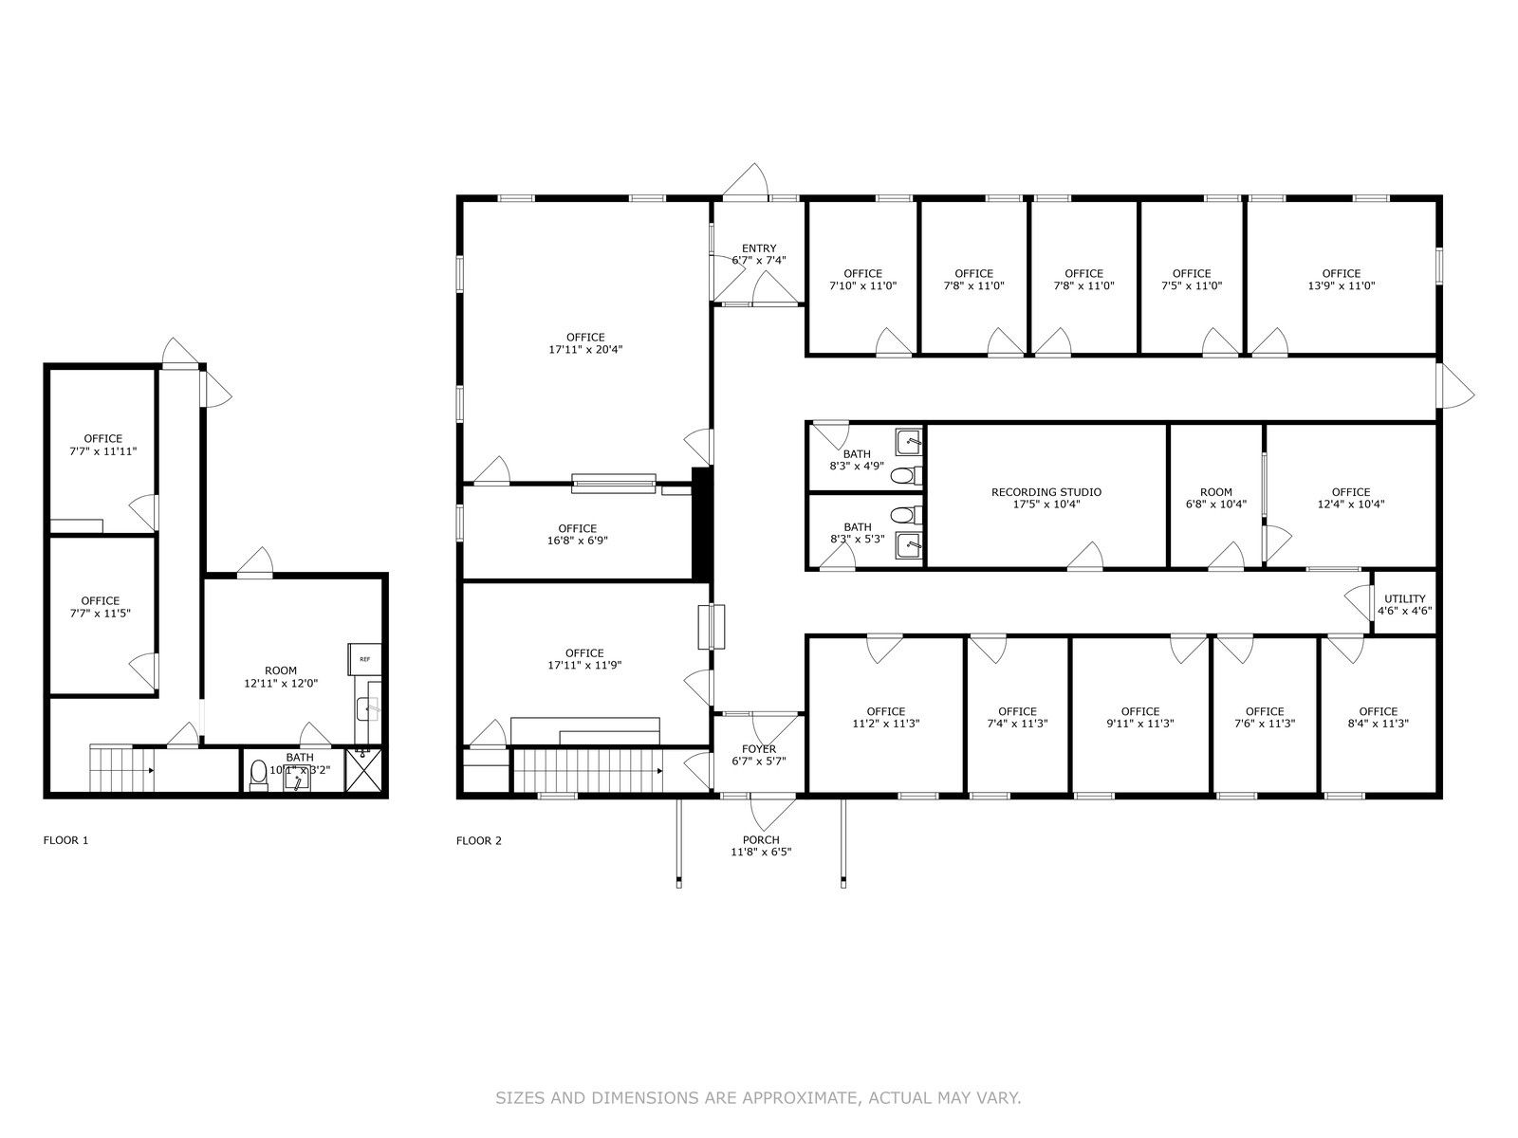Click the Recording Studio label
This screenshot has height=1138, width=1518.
1046,498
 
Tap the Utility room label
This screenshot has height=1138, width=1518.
1404,605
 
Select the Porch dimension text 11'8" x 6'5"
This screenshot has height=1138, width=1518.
761,852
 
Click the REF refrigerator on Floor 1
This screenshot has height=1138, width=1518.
364,659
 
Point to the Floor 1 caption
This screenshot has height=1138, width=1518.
65,840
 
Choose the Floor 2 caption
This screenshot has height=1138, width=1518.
478,841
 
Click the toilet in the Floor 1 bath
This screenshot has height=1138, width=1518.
259,774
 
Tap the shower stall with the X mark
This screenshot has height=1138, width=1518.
363,770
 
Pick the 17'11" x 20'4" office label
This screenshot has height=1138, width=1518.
585,343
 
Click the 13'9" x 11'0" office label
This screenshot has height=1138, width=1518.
1341,279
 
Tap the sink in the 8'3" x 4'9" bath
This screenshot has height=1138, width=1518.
908,441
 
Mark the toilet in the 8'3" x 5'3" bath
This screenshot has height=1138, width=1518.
905,515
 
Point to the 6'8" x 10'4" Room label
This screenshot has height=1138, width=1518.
1215,498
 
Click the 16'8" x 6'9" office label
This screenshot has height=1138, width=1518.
577,534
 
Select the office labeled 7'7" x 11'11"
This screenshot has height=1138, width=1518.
103,445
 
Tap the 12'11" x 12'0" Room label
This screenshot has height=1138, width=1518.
281,676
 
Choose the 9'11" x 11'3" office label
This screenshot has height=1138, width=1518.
1139,717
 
